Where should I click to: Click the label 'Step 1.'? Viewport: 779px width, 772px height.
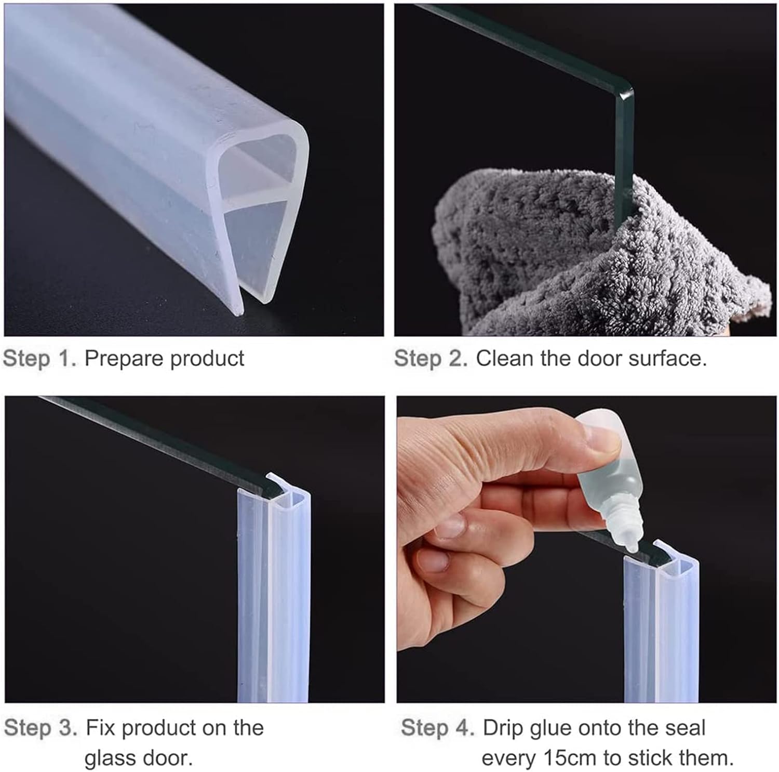click(x=39, y=359)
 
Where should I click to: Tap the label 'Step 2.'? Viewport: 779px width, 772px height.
click(x=431, y=359)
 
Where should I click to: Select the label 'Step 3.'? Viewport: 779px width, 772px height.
click(x=41, y=728)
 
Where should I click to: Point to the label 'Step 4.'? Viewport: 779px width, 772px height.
click(x=438, y=728)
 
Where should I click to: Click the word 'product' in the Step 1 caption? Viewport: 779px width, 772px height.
click(x=208, y=359)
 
